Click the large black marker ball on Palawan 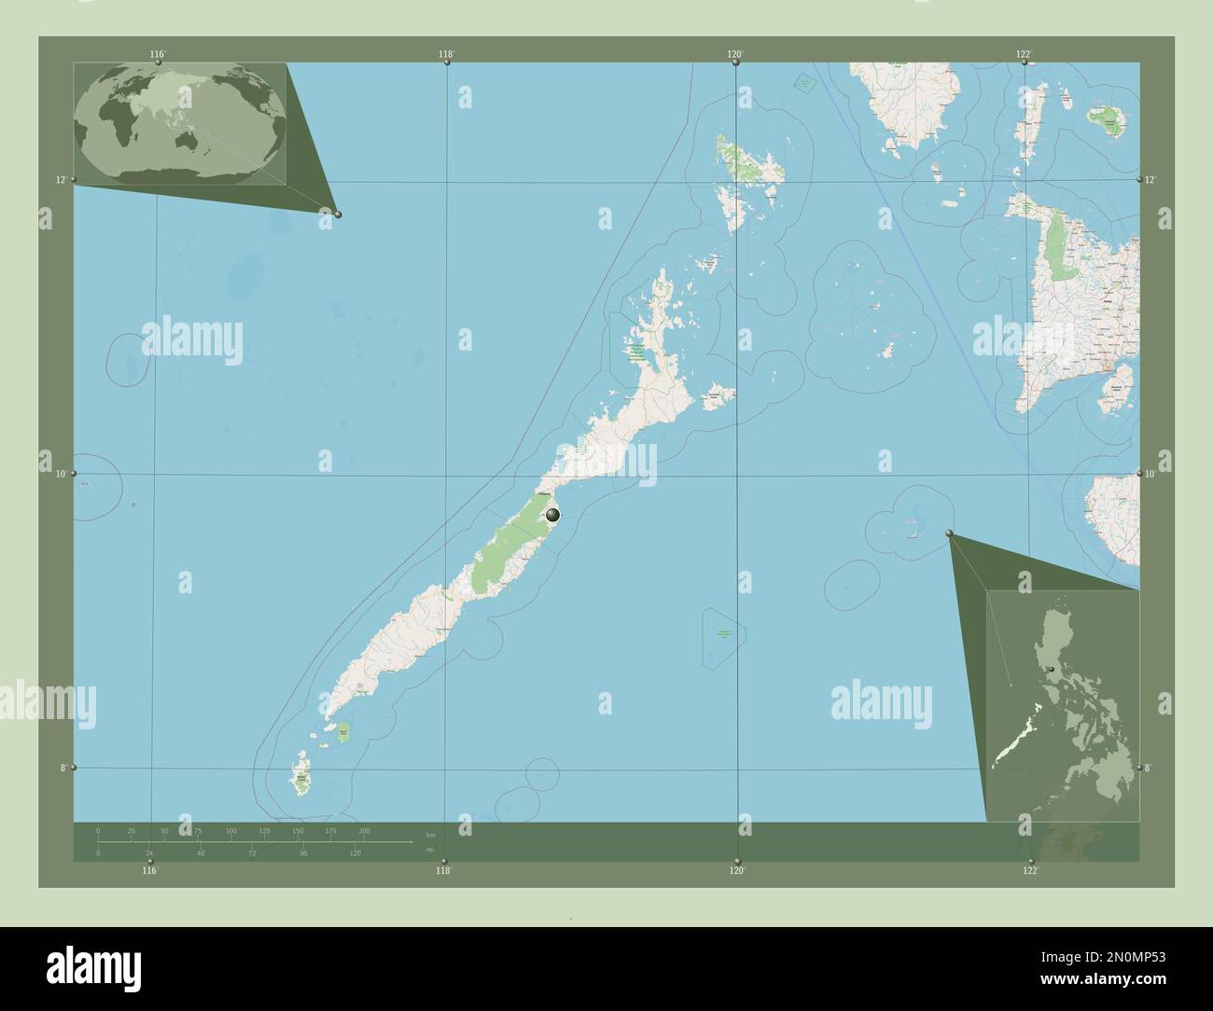coord(552,514)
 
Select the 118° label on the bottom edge coord(443,871)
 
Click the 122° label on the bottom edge coord(1030,871)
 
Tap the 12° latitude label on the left coord(61,179)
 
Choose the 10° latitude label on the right coord(1150,474)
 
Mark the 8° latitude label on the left coord(61,768)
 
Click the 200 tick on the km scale coord(364,830)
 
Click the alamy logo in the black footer coord(93,965)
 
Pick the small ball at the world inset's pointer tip coord(338,215)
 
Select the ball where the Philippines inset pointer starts coord(950,533)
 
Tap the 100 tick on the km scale coord(230,830)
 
